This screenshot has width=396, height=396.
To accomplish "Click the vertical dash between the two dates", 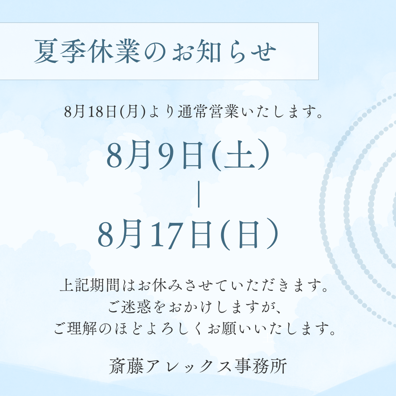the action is (199, 194).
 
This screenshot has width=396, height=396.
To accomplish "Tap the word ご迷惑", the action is (130, 307).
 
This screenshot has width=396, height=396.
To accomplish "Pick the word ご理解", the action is (76, 329).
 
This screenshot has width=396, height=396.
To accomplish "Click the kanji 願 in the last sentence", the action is (228, 329).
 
